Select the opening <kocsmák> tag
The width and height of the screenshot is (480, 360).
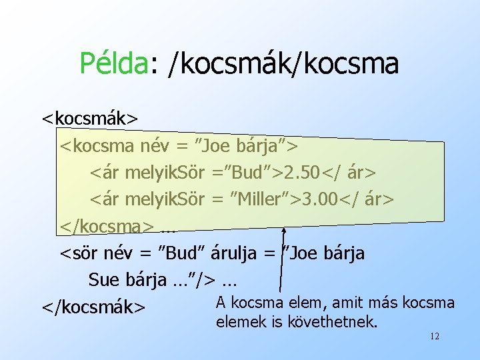coord(90,119)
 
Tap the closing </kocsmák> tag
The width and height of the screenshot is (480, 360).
coord(93,306)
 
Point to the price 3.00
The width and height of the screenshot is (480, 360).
coord(320,199)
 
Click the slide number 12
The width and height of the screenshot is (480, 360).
coord(434,337)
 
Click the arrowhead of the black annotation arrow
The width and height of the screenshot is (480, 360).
coord(284,229)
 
